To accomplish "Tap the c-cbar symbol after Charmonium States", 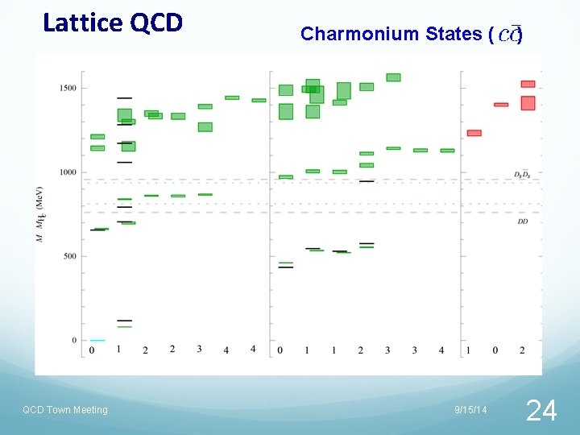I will (509, 34).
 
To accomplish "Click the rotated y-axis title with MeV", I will (39, 213).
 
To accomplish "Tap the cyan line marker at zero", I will (97, 341).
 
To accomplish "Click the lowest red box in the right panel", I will (474, 133).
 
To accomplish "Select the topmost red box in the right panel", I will (528, 84).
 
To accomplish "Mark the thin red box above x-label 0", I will (501, 105).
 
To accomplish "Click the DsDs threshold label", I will (522, 175).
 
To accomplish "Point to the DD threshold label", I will (523, 221).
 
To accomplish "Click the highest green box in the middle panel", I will (393, 77).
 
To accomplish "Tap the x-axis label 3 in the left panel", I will (199, 349).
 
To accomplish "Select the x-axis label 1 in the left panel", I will (119, 349).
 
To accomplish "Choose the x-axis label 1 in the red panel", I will (469, 350).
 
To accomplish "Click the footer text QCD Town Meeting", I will (64, 410).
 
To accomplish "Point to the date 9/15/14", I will (470, 410).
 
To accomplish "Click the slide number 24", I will (541, 411).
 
